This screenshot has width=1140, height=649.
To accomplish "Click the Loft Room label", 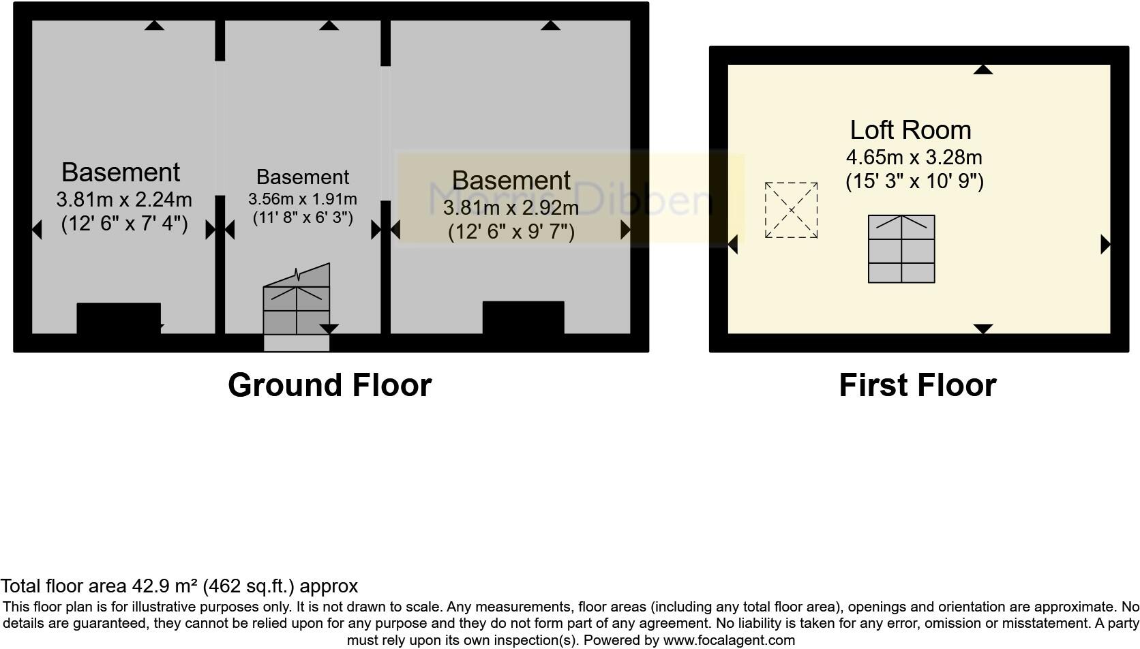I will click(x=910, y=130).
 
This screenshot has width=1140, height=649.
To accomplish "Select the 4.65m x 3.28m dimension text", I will click(x=914, y=157).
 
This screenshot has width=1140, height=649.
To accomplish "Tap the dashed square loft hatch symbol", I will click(x=791, y=210).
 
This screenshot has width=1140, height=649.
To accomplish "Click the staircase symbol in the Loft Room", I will click(x=901, y=249).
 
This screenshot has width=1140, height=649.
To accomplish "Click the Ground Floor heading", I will click(x=329, y=384).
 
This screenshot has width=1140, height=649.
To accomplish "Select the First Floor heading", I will click(x=917, y=384).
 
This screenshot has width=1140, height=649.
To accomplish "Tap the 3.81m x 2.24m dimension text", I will click(x=124, y=200).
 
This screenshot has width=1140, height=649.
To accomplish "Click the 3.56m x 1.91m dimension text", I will click(x=303, y=199).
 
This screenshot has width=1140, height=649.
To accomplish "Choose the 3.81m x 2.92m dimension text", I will click(x=511, y=207).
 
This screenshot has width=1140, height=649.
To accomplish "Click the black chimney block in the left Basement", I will click(x=119, y=318).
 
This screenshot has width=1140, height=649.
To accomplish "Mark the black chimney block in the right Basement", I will click(x=523, y=317).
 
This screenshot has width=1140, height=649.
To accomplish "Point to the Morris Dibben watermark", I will click(x=570, y=199).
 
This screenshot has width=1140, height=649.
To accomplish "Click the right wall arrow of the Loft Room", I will click(x=1105, y=244).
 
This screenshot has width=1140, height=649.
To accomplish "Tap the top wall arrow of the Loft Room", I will click(x=982, y=70).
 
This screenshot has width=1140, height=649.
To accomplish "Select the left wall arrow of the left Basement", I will click(x=37, y=230).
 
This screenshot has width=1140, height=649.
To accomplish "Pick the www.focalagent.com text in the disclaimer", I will click(x=729, y=640).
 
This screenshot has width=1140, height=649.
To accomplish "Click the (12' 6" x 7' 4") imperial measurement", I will click(x=124, y=223).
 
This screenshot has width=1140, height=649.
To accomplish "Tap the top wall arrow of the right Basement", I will click(x=550, y=26).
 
